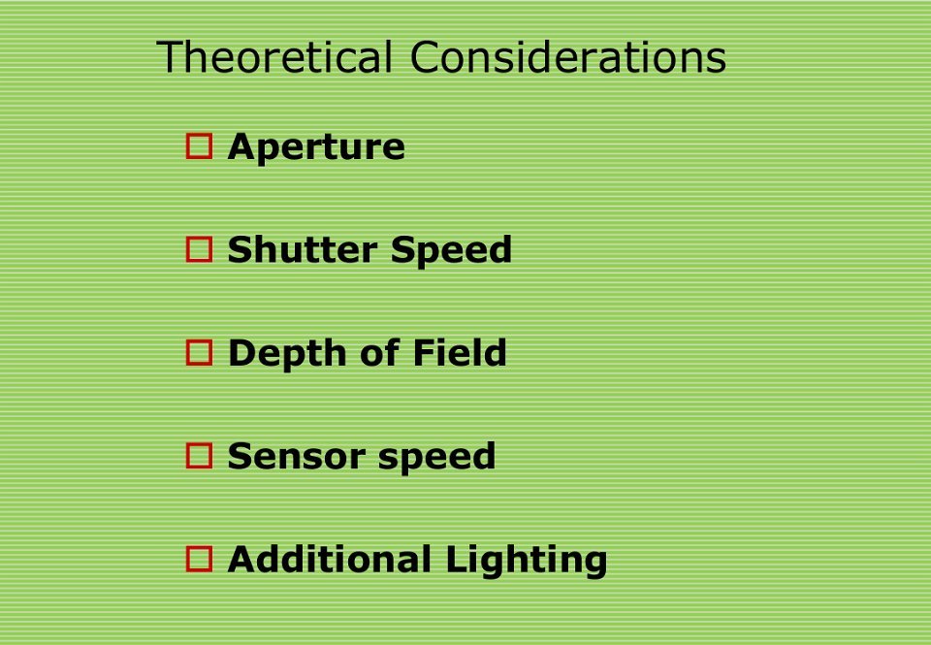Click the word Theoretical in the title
274,57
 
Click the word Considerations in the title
568,57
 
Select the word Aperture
316,147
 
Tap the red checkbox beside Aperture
199,146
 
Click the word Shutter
303,249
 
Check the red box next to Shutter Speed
199,249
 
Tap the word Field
460,352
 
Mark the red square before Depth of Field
199,353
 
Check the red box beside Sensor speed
199,456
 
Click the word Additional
330,559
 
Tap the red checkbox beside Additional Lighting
199,560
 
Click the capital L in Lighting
457,559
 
